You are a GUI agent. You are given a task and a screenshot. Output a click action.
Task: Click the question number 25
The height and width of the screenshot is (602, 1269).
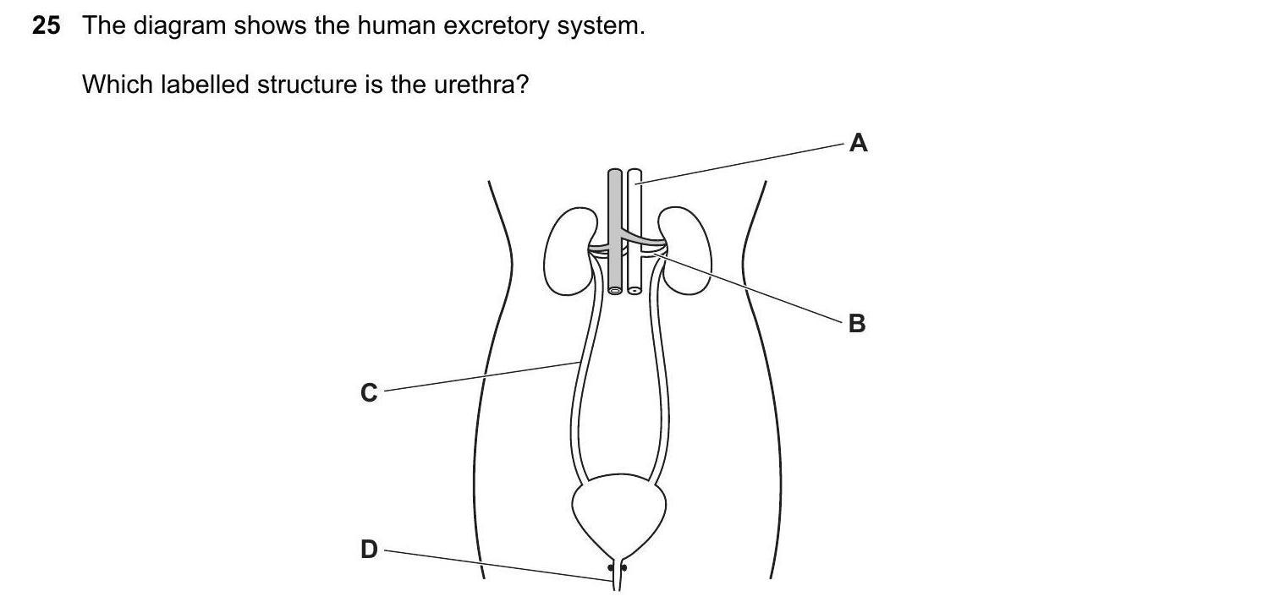pos(47,26)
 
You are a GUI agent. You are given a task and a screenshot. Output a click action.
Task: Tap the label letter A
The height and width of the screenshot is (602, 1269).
pos(858,144)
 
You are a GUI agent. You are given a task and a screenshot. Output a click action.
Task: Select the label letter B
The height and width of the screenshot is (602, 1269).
pos(856,324)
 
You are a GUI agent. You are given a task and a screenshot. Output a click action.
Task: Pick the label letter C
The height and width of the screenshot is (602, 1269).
pos(369,393)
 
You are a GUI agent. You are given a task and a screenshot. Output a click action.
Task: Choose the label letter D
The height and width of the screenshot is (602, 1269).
pos(369,550)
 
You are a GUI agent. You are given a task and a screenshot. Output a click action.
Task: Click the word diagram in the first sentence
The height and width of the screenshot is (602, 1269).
pos(175,26)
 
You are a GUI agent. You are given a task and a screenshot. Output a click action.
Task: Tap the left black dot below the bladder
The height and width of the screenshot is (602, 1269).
pos(610,568)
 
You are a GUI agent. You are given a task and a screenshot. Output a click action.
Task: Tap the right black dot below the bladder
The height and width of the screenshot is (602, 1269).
pos(625,568)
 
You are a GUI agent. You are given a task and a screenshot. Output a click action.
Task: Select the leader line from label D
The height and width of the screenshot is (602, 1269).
pos(499,566)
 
